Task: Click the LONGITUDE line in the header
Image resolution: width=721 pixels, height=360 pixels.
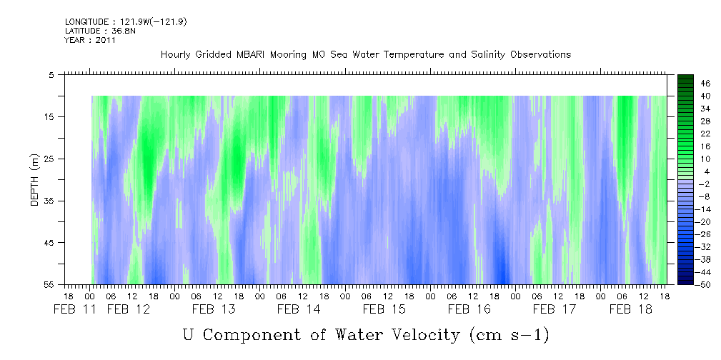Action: point(126,21)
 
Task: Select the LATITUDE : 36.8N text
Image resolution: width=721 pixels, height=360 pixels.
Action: point(100,31)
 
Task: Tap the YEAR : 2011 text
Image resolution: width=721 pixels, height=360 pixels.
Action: point(90,40)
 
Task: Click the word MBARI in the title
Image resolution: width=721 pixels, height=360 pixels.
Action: point(249,55)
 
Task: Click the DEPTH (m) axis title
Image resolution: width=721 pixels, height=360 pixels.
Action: point(35,180)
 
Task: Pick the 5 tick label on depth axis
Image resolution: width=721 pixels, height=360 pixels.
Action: point(51,75)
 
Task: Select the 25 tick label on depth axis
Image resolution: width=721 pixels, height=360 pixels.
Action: point(49,159)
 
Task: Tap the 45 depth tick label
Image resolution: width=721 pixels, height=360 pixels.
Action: point(49,242)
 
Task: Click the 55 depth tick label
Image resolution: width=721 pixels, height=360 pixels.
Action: point(49,284)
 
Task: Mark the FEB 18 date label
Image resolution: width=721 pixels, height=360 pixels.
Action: point(631,309)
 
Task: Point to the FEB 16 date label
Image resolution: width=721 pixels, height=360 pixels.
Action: point(469,309)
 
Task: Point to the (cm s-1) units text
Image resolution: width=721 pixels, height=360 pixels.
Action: point(509,335)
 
